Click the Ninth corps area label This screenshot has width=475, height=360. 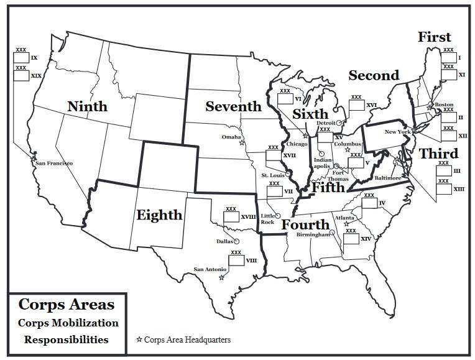[x=87, y=106]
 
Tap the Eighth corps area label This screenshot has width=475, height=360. [x=159, y=215]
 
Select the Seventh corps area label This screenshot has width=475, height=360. [x=233, y=106]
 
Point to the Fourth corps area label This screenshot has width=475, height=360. [x=305, y=224]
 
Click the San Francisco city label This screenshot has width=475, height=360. [x=54, y=163]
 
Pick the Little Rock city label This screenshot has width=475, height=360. [x=267, y=218]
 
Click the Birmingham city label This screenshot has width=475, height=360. [x=313, y=235]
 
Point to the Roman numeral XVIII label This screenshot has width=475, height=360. [x=249, y=216]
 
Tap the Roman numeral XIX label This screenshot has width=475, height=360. [x=36, y=75]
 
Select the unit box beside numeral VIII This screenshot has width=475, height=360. [x=236, y=261]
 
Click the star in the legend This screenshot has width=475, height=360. [x=139, y=339]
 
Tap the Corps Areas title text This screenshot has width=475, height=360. [x=67, y=305]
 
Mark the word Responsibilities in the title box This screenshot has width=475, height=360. [x=66, y=339]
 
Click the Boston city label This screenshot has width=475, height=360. [x=444, y=104]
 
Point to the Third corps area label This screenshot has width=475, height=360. [x=438, y=154]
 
